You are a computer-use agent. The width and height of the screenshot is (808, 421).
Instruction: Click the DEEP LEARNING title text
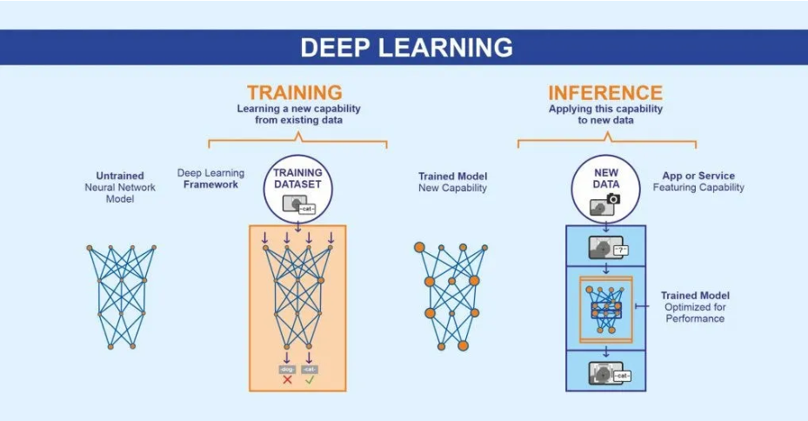click(406, 47)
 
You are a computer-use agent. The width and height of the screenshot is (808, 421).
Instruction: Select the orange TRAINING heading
click(294, 92)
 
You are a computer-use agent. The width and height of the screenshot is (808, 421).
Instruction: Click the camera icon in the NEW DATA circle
click(613, 199)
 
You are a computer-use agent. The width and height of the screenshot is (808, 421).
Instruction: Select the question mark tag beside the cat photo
click(620, 250)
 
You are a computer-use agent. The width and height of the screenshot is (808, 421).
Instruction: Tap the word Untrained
click(121, 176)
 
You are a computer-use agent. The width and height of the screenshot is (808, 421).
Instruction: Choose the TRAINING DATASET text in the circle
click(297, 178)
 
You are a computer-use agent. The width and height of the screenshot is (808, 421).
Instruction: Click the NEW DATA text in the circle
click(605, 179)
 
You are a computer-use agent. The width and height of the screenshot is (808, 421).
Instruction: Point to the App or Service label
click(698, 175)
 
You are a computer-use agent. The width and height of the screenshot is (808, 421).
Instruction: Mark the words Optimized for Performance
click(695, 313)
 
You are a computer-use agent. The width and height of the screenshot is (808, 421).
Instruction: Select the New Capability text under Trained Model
click(452, 188)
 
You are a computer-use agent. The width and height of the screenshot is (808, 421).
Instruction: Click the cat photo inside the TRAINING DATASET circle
click(291, 205)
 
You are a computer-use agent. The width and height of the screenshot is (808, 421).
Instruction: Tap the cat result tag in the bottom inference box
click(621, 376)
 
